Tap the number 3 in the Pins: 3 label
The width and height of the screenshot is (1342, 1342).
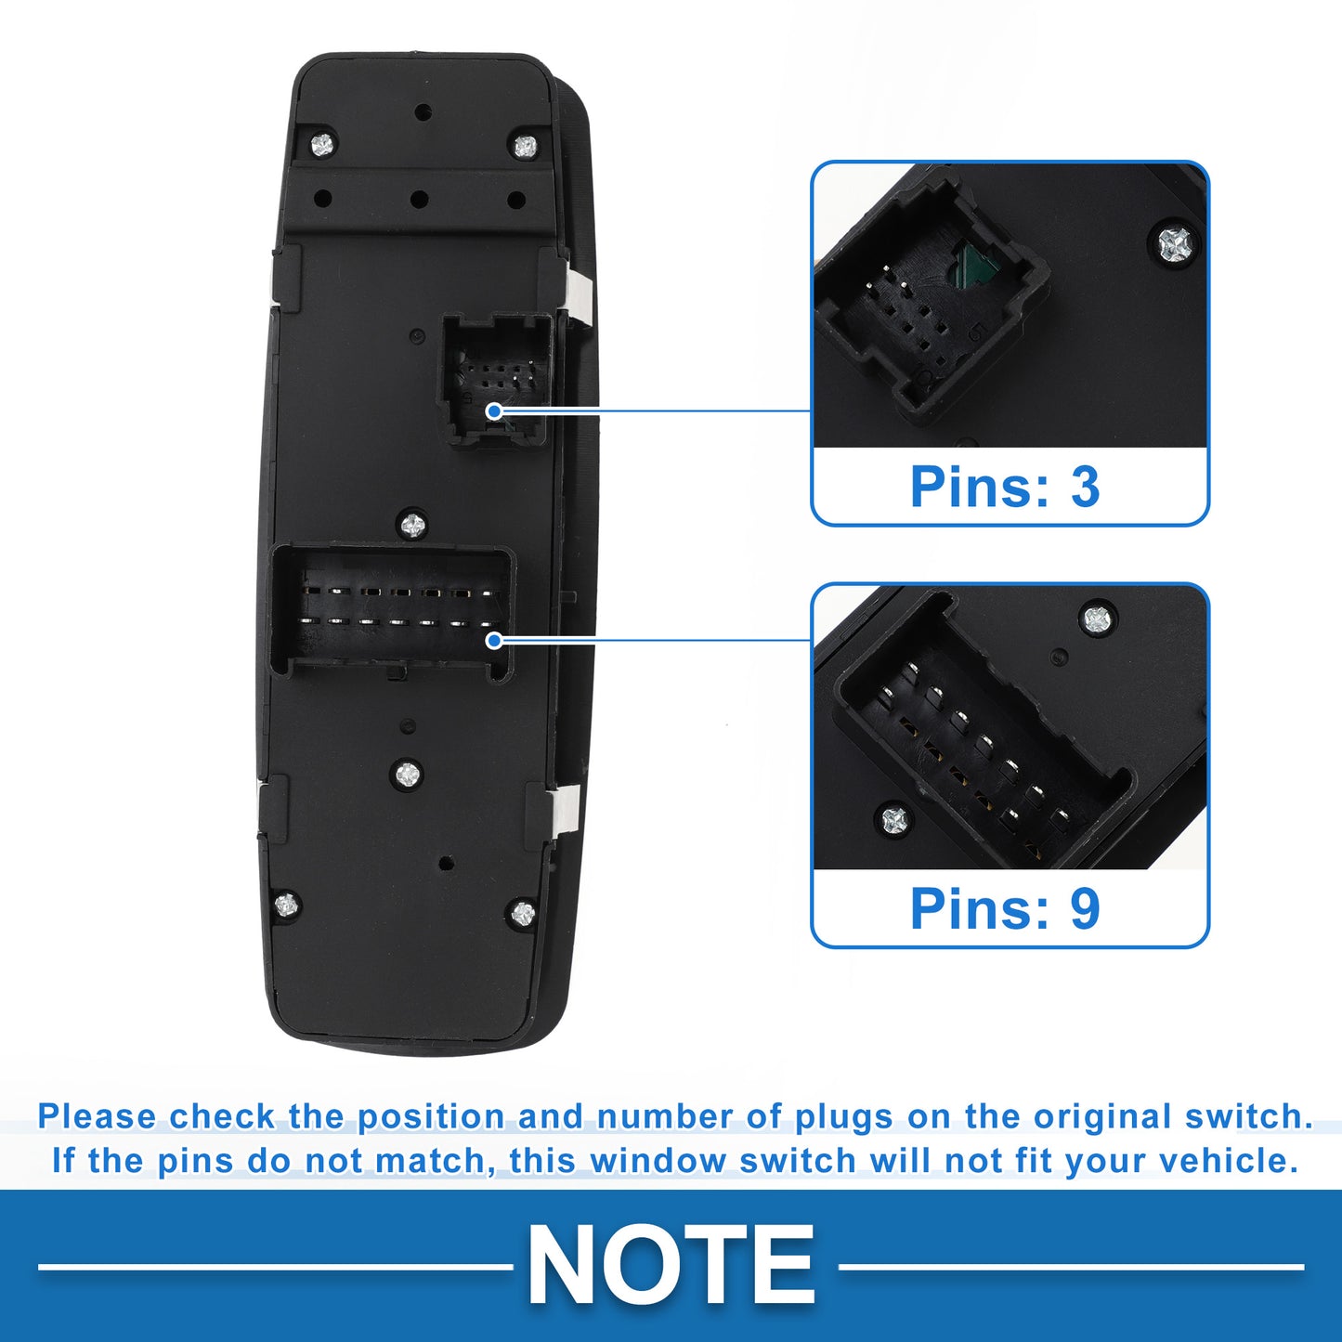[1085, 486]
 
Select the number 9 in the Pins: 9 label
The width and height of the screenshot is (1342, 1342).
[1085, 908]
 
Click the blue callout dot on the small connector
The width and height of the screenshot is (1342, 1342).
[494, 410]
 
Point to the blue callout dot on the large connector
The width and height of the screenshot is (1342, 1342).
[494, 640]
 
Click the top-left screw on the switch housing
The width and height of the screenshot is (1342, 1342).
[321, 144]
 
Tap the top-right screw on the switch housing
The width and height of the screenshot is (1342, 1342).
[525, 146]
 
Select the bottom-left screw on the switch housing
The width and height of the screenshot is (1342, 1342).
[286, 906]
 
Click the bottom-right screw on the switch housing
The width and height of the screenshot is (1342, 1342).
[523, 913]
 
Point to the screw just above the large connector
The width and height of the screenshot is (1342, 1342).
[413, 525]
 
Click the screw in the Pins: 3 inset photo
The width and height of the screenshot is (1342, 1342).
[1175, 243]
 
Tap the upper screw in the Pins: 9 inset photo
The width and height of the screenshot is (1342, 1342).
[1097, 618]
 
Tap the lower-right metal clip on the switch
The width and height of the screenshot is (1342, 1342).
[569, 809]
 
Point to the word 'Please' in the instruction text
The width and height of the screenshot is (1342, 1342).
[97, 1116]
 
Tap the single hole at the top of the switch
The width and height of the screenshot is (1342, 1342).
[423, 111]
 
